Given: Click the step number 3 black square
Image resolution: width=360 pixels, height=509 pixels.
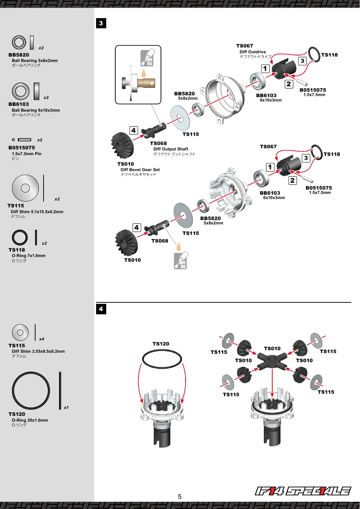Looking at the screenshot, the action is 101,23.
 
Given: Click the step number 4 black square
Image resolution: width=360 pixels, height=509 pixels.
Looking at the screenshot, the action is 101,309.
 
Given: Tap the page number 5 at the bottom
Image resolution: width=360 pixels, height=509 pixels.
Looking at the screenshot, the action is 180,497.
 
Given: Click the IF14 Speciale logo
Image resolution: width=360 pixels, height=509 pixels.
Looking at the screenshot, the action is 303,491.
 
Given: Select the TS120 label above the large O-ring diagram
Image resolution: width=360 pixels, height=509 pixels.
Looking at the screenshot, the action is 161,344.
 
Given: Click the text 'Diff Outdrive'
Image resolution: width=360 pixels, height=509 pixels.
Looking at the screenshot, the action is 252,52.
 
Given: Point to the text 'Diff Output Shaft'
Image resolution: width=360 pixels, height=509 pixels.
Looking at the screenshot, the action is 171,149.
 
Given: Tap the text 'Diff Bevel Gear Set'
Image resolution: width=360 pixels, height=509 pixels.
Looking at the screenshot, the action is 140,170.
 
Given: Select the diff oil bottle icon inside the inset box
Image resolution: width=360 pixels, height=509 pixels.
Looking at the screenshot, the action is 147,58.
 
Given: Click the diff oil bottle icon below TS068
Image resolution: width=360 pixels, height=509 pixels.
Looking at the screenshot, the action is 181,260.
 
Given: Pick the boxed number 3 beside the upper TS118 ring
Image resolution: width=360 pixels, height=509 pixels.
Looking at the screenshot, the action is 302,61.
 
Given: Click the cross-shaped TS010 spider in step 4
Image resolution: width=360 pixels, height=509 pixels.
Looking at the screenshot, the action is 272,360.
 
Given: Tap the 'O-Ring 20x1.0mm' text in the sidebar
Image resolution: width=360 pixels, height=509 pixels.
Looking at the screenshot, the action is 30,420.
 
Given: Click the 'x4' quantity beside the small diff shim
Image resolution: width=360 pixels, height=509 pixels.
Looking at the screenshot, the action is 41,339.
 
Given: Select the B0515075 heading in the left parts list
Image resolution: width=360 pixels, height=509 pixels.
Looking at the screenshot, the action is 22,148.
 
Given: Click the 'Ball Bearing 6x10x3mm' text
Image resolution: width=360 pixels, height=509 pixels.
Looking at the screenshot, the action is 36,110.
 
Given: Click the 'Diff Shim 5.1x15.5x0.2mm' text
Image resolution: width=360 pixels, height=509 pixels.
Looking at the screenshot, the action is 37,212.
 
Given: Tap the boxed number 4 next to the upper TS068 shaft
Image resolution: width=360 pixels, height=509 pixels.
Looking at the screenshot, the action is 134,131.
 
